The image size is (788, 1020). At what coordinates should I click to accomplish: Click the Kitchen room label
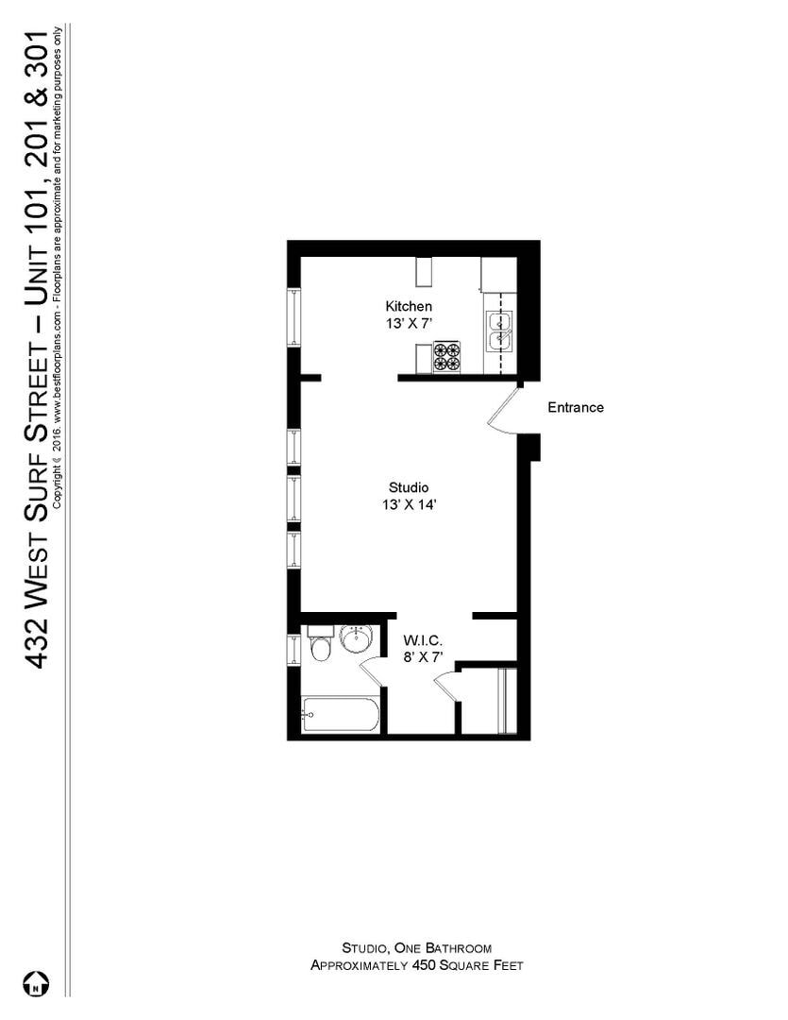[409, 306]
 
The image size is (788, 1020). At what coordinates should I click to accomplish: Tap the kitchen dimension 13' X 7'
[409, 322]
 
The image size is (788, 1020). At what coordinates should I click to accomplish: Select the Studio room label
[409, 487]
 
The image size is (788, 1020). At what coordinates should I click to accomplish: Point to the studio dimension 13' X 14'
[409, 504]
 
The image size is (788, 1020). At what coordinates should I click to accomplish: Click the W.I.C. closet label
[423, 639]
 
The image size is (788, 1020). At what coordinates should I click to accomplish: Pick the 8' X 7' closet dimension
[423, 656]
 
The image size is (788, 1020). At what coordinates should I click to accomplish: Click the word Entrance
[576, 408]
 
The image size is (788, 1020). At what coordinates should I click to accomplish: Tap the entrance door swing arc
[500, 416]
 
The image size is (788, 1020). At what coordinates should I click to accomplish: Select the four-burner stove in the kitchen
[446, 357]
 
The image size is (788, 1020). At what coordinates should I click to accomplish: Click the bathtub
[341, 715]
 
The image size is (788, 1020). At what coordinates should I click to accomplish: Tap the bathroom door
[371, 673]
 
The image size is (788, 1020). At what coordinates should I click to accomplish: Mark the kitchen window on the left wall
[293, 317]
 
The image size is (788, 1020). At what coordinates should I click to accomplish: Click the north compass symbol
[36, 983]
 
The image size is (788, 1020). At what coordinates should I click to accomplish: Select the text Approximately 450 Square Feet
[416, 965]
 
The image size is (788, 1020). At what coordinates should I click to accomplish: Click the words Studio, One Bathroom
[416, 947]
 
